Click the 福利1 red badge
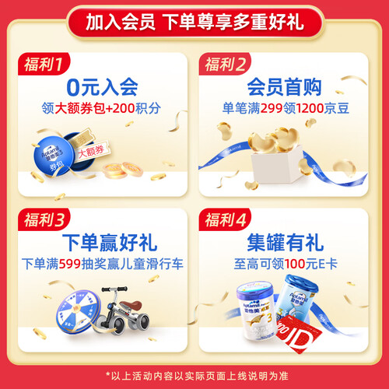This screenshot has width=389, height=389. [44, 64]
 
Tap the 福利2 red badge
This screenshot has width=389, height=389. [225, 64]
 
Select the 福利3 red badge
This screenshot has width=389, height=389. [44, 219]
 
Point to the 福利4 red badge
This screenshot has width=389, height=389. [225, 219]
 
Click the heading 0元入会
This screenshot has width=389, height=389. [102, 87]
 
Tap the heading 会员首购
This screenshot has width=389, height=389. [284, 87]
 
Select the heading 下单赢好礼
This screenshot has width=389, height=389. [110, 243]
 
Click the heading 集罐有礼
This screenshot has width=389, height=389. [285, 243]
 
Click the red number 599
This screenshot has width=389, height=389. [70, 265]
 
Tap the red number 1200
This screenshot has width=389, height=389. [310, 108]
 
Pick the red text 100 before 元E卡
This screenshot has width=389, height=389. [295, 265]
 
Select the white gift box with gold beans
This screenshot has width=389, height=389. [278, 164]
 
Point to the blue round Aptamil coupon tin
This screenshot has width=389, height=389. [53, 156]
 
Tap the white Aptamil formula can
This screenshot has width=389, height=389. [256, 310]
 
